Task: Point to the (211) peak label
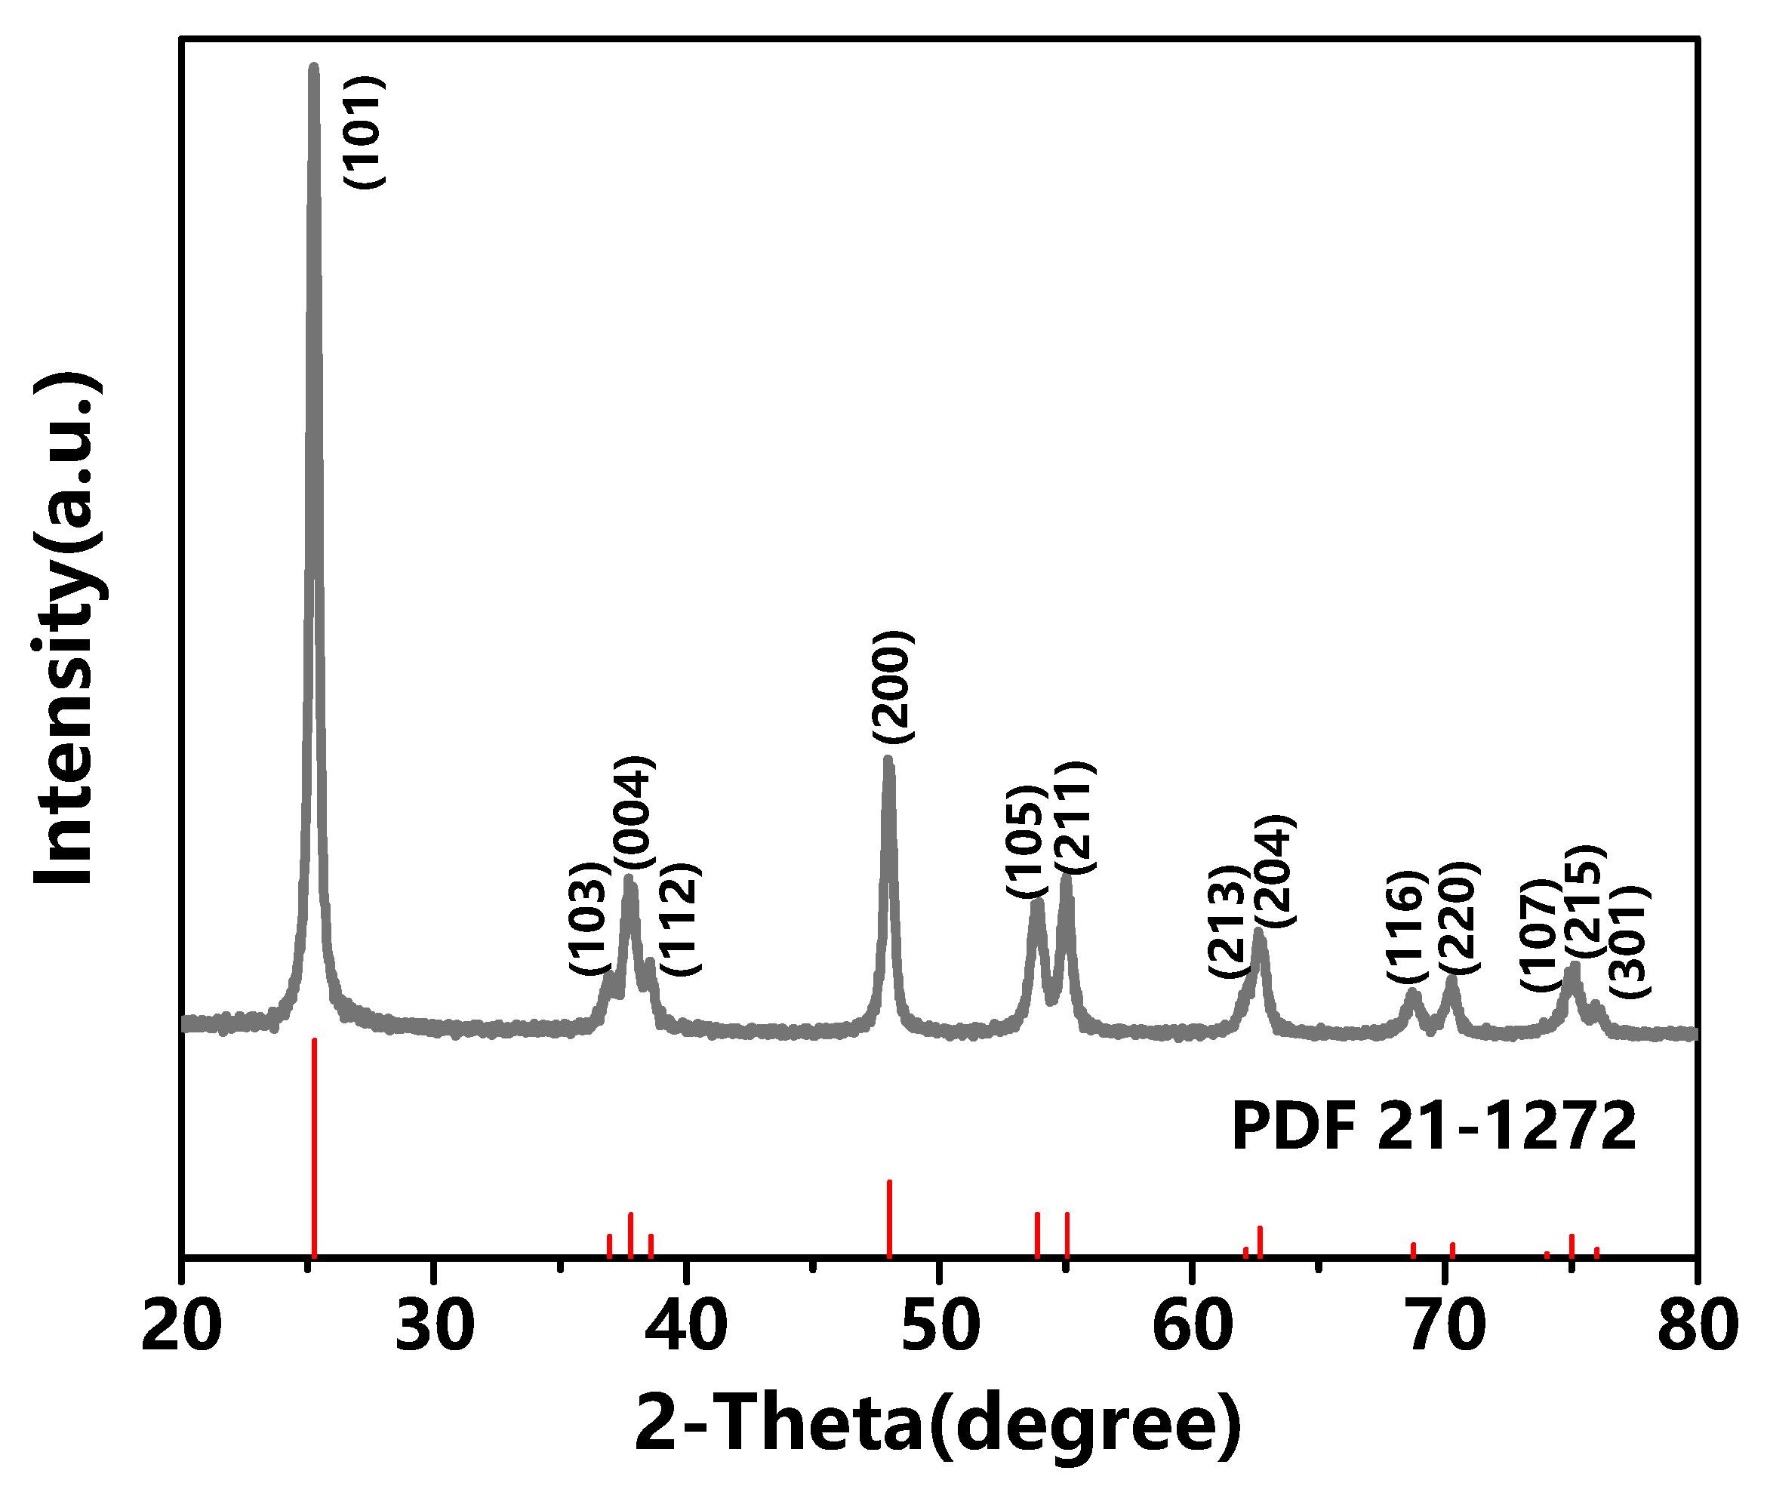point(1075,817)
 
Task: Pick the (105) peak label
point(1026,841)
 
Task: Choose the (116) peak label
point(1405,926)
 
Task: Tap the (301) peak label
point(1627,942)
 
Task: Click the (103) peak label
point(589,918)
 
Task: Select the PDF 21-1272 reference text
point(1433,1127)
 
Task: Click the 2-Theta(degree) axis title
point(938,1425)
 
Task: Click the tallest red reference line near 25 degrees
point(314,1148)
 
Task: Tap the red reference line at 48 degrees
point(889,1218)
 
